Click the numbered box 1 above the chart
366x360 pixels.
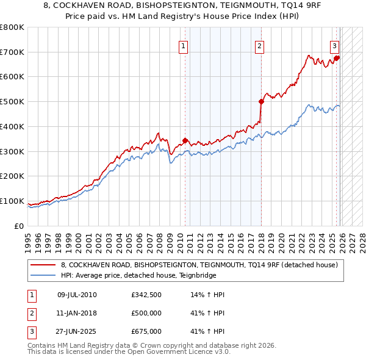pos(184,45)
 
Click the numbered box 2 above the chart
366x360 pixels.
pos(260,45)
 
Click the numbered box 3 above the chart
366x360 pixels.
pos(335,45)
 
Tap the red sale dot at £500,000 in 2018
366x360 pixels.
pos(261,101)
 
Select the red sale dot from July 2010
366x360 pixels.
pos(185,140)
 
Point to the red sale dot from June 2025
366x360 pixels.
pos(337,58)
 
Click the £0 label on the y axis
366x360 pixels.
pos(18,226)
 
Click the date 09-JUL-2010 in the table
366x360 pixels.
pos(77,295)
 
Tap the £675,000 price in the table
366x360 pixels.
pos(146,331)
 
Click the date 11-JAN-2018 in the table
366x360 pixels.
pos(77,313)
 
